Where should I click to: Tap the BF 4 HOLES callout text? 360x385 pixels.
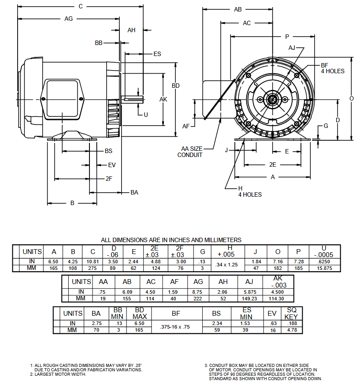[332, 68]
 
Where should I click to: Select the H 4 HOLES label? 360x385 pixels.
[249, 191]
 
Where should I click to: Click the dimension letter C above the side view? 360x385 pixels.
[81, 6]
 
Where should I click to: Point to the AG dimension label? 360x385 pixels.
[68, 19]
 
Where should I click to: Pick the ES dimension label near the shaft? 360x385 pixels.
[157, 54]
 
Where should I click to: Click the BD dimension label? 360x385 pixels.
[175, 86]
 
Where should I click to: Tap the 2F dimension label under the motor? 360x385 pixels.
[109, 179]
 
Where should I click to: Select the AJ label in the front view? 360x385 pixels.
[292, 48]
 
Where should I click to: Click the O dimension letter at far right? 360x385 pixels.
[352, 98]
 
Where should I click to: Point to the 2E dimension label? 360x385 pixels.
[273, 164]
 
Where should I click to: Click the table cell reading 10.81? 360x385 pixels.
[93, 262]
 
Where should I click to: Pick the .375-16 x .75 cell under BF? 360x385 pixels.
[176, 327]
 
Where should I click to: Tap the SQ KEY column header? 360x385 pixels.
[292, 313]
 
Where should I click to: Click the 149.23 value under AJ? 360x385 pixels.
[249, 298]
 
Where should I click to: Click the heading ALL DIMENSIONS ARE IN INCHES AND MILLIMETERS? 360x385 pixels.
[171, 240]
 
